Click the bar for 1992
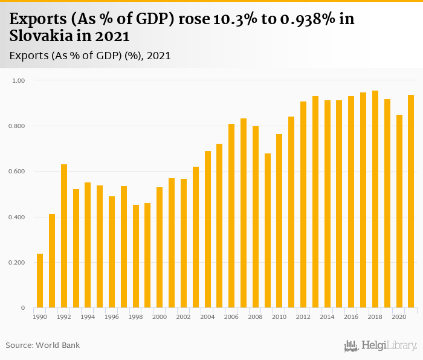(64, 236)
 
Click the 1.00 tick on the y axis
(19, 80)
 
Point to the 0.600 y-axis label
(16, 172)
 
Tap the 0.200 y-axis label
(16, 263)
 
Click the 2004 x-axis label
(207, 317)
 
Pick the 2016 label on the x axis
(351, 317)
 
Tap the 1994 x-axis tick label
(88, 317)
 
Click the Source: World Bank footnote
(43, 346)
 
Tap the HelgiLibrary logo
(381, 346)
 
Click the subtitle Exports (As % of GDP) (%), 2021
(91, 56)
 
